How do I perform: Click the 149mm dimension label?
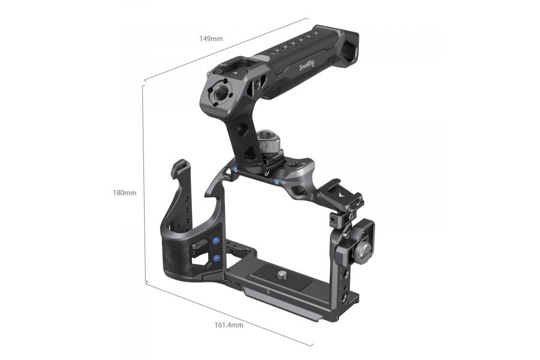click(211, 38)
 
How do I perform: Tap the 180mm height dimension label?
click(124, 193)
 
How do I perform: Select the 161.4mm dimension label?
click(229, 325)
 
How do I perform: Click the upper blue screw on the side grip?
click(216, 242)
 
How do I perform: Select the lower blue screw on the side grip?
click(216, 258)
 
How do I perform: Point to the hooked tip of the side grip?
click(178, 167)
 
